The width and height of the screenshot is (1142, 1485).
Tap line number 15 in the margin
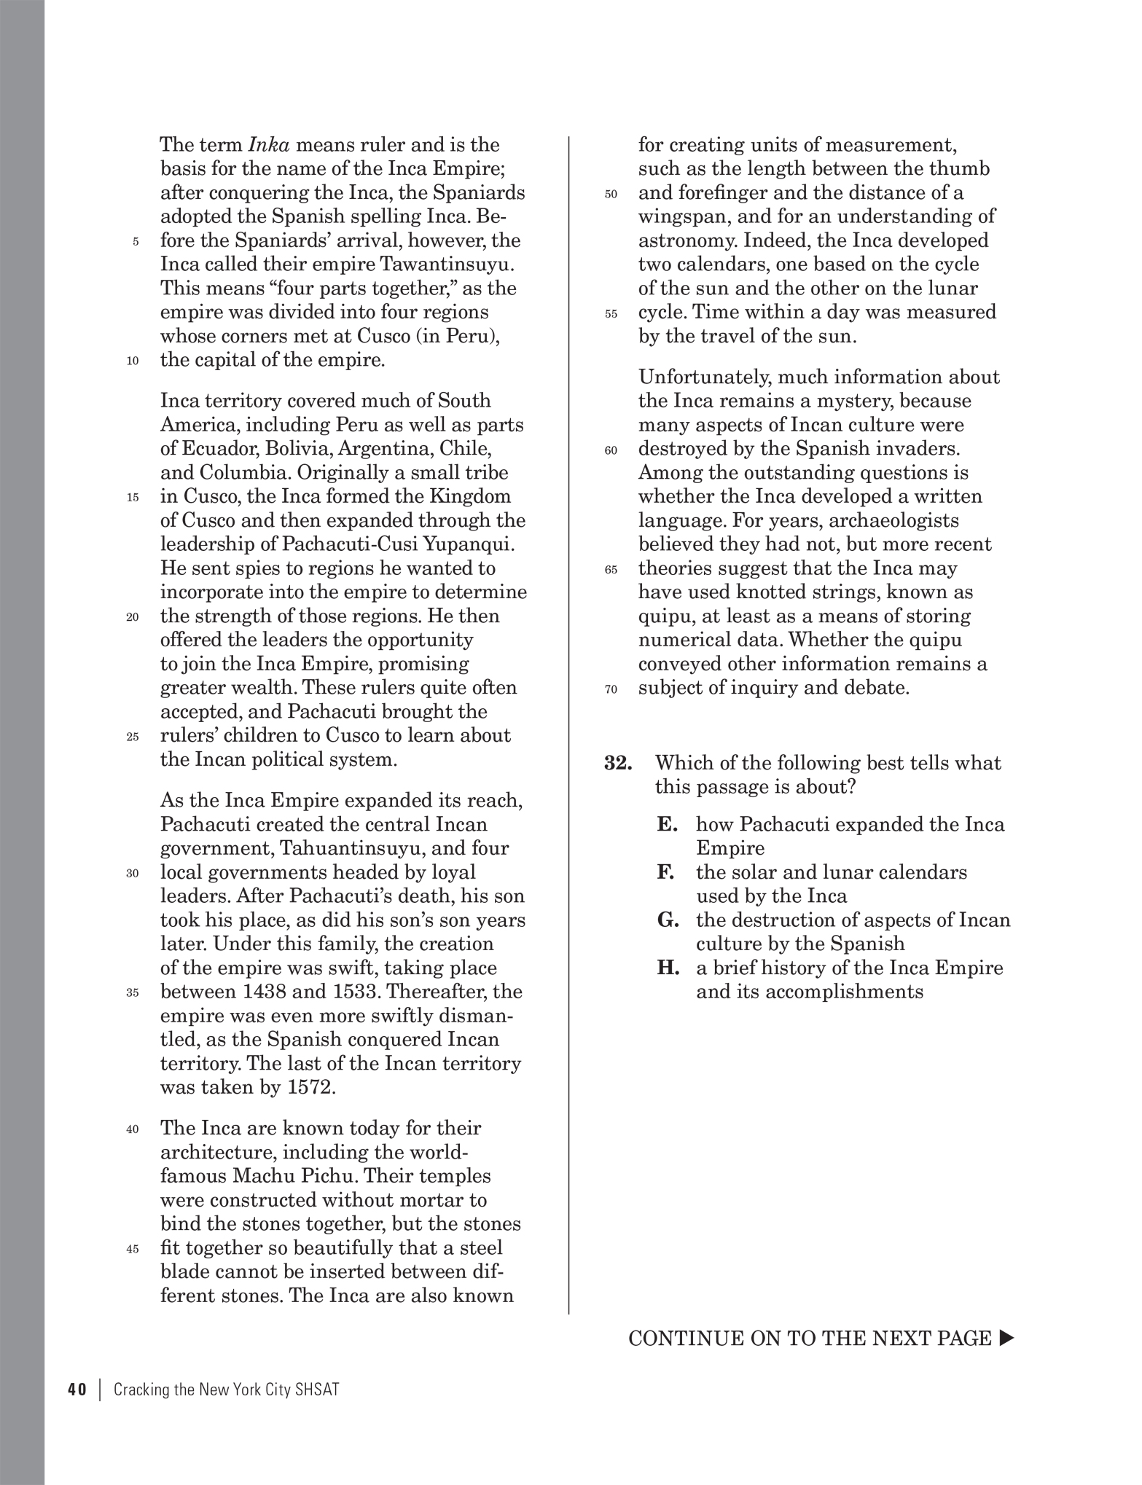click(132, 498)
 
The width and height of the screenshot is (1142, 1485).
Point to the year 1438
click(268, 992)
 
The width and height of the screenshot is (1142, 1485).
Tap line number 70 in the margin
click(611, 689)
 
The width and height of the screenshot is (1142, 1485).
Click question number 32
click(618, 763)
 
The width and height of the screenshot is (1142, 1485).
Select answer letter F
click(665, 872)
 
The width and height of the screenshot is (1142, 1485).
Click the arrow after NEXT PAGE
click(1006, 1338)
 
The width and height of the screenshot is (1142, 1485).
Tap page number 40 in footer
click(77, 1390)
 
